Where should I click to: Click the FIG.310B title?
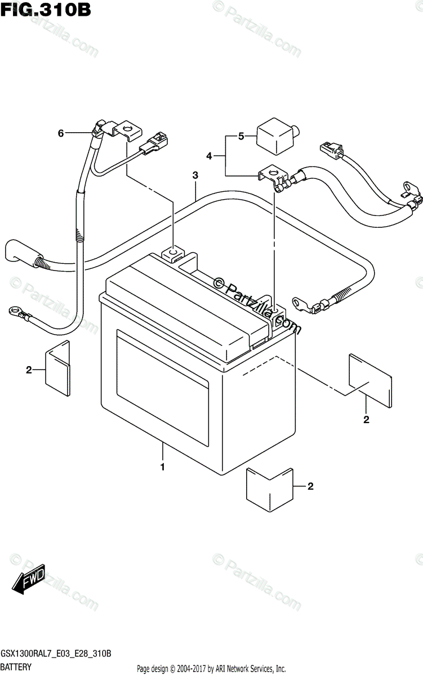(46, 10)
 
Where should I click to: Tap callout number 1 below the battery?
(163, 467)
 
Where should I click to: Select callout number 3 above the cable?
(195, 175)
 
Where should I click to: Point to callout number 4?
(210, 156)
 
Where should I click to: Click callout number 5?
(241, 136)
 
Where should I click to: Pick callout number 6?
(61, 133)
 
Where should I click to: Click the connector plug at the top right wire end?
(329, 149)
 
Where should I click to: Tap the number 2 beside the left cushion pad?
(28, 370)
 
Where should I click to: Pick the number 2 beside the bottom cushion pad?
(310, 487)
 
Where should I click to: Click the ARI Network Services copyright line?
(211, 669)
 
